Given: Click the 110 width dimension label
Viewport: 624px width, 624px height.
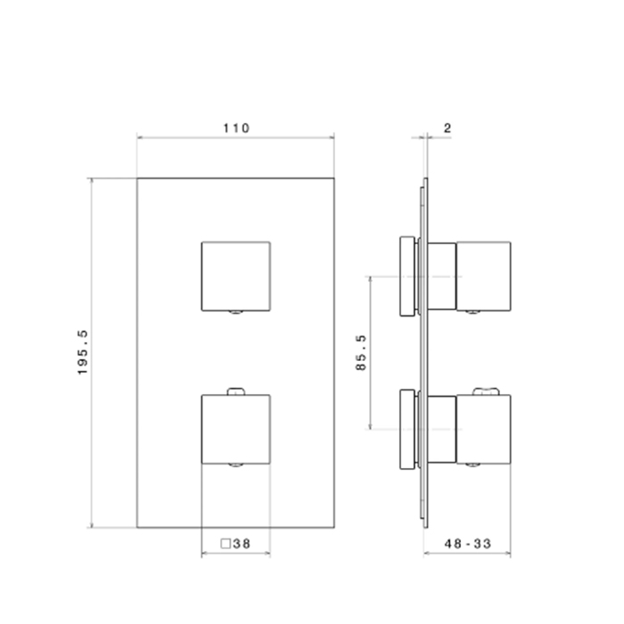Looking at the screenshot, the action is [x=236, y=128].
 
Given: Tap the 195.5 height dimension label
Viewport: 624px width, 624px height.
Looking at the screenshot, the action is [x=83, y=353].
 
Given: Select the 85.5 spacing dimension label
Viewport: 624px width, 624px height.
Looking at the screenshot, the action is [x=360, y=353].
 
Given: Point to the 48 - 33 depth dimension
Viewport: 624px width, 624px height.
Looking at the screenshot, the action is [x=468, y=544].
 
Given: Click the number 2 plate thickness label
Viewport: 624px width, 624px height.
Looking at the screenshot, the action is [x=447, y=128].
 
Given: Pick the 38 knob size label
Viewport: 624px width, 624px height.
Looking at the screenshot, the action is [x=242, y=544].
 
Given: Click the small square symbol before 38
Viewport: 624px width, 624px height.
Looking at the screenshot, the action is [x=226, y=544].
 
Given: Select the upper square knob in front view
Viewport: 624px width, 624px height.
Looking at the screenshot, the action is [x=236, y=276].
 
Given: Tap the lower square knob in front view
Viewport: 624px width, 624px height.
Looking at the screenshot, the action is [x=236, y=430].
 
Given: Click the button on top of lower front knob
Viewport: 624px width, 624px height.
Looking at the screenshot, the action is [x=236, y=391].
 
